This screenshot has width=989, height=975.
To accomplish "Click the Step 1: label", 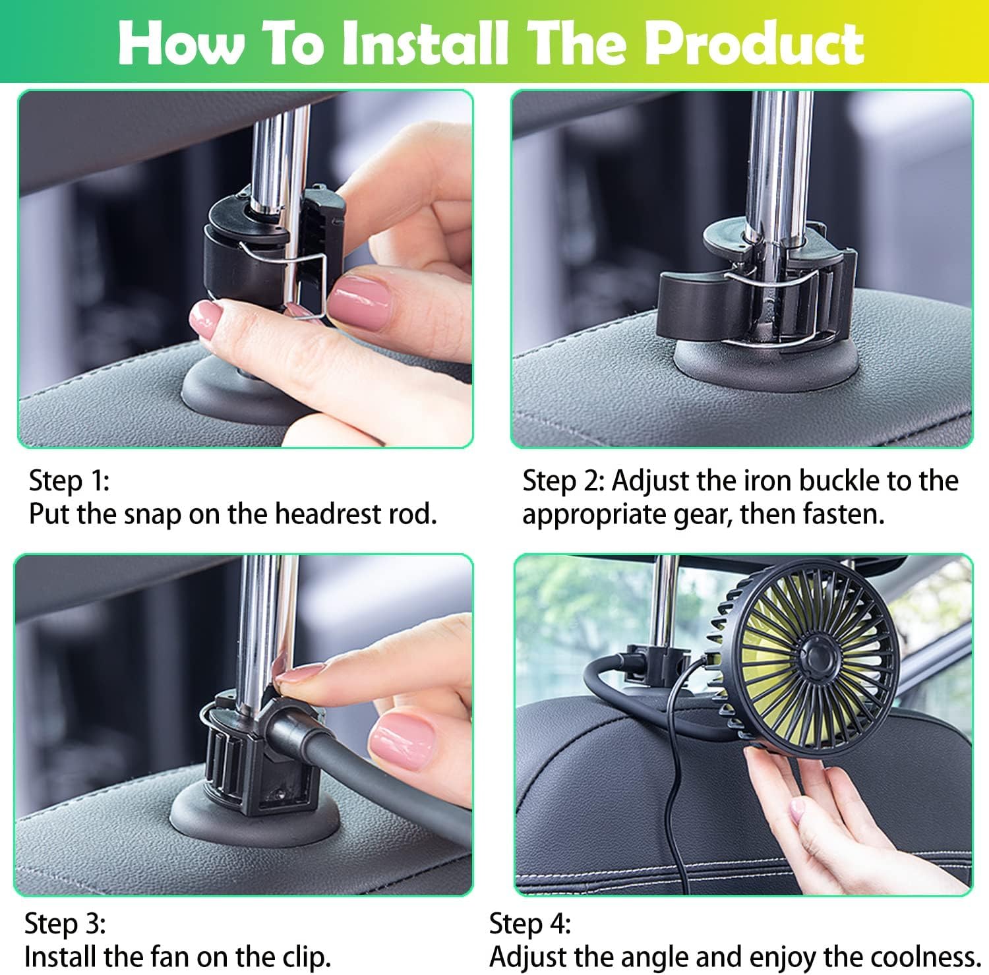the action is (69, 481).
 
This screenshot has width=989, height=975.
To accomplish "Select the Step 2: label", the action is (563, 481).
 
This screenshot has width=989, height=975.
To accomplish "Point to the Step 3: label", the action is (65, 924).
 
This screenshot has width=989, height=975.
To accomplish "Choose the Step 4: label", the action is (529, 924).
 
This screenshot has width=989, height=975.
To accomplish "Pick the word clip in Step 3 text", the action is (304, 957).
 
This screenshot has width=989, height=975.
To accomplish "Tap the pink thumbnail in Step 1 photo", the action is (360, 298).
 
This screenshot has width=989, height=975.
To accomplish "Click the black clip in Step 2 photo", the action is (752, 283).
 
